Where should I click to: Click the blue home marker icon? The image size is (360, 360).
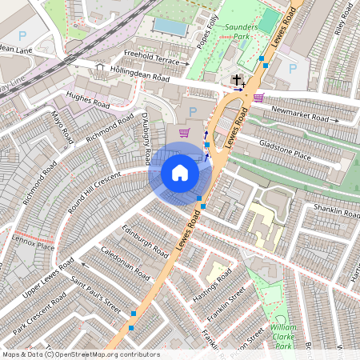point(180,173)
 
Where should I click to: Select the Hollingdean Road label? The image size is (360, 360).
point(141,75)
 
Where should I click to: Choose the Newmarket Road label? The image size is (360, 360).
point(300,112)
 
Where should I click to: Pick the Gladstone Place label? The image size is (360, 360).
point(285,148)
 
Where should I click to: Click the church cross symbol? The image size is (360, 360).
point(236,79)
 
